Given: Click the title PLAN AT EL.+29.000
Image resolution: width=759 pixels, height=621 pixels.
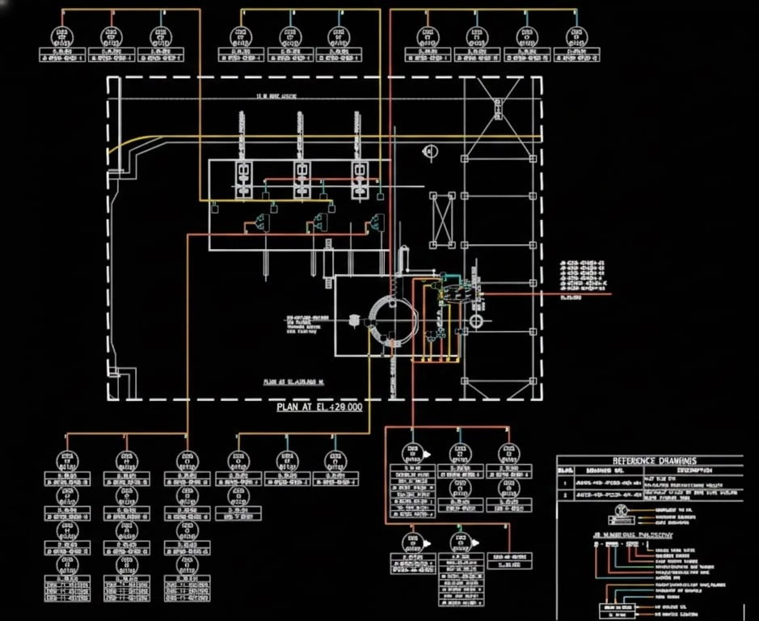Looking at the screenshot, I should click(319, 407).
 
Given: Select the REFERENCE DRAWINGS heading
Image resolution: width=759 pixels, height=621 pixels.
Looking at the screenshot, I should click(649, 459).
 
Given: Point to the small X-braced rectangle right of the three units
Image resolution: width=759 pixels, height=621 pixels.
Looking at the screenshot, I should click(443, 219).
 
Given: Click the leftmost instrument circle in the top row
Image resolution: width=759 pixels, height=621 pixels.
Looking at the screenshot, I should click(61, 36).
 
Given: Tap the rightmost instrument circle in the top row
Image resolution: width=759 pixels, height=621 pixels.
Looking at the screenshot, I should click(576, 36).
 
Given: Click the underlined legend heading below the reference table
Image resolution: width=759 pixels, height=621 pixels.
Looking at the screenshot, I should click(633, 534).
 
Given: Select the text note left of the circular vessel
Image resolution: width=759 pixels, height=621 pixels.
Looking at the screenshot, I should click(301, 323).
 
